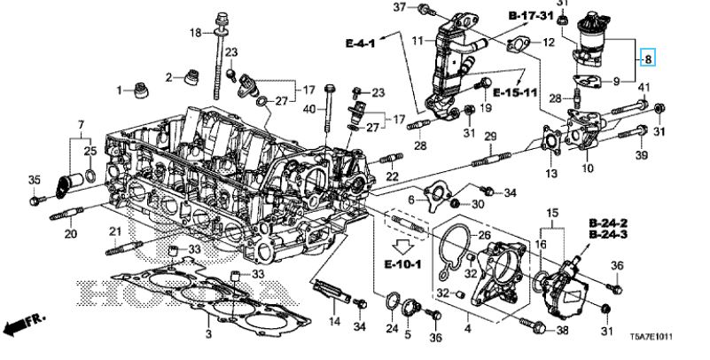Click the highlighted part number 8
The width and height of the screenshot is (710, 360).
point(649,59)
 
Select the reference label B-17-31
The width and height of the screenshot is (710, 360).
point(530,17)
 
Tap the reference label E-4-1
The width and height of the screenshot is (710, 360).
point(361,42)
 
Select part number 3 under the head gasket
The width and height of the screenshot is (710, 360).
point(207,333)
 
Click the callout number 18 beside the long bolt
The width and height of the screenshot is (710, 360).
point(195,33)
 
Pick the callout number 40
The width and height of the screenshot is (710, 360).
point(308,108)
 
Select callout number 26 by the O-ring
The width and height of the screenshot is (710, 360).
point(483,236)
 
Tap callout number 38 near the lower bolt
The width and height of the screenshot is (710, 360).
point(561,331)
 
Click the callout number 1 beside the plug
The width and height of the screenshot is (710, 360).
point(118,90)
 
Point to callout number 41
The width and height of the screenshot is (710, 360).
point(644,86)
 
